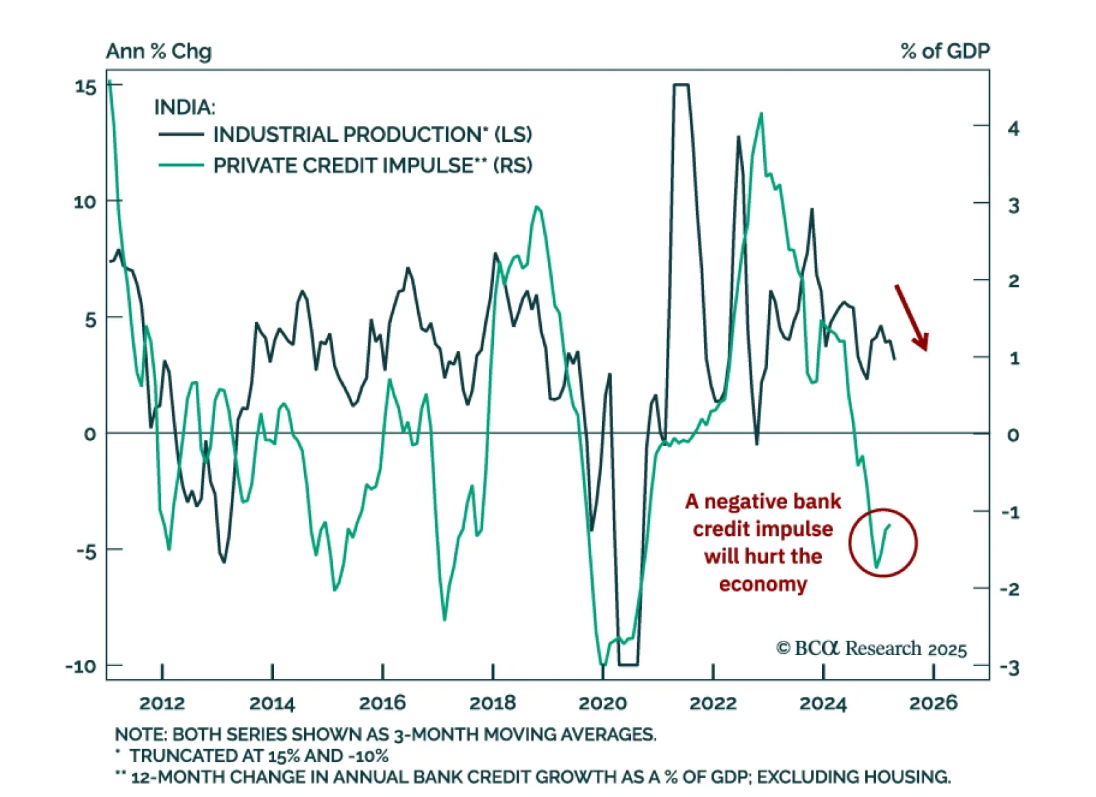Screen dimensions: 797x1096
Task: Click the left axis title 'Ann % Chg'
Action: (x=158, y=51)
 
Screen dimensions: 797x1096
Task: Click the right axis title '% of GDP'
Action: (x=945, y=51)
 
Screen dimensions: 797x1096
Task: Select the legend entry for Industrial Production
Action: (x=372, y=134)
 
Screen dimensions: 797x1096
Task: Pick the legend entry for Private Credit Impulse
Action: (x=372, y=165)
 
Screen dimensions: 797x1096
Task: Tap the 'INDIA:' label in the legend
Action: (x=184, y=107)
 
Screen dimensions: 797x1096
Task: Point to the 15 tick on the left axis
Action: (x=86, y=87)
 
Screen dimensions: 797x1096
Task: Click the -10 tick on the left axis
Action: (x=81, y=666)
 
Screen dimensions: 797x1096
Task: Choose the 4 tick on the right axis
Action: (x=1013, y=128)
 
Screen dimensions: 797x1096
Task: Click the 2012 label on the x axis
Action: (x=162, y=703)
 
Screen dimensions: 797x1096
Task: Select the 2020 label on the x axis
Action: (x=602, y=703)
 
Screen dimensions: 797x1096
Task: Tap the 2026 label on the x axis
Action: (x=933, y=703)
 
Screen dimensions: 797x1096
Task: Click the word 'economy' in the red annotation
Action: (x=762, y=585)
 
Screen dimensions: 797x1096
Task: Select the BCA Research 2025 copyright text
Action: (x=871, y=648)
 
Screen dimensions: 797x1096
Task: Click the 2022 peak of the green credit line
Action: (x=760, y=114)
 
